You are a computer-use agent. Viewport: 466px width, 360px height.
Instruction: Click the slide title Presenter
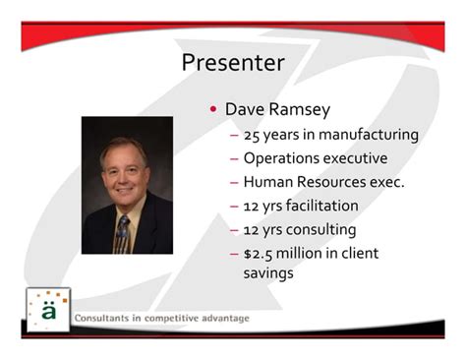[x=233, y=63]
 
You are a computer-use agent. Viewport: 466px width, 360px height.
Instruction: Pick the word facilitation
[x=321, y=206]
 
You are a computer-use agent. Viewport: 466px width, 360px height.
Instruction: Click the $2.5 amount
[x=259, y=254]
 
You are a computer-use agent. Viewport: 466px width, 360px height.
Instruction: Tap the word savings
[x=267, y=273]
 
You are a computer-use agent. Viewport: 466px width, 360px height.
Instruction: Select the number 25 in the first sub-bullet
[x=253, y=134]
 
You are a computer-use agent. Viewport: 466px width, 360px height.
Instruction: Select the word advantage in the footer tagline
[x=221, y=319]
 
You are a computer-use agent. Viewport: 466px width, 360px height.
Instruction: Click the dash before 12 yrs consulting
[x=234, y=230]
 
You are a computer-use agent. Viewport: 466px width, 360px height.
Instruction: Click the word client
[x=357, y=254]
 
